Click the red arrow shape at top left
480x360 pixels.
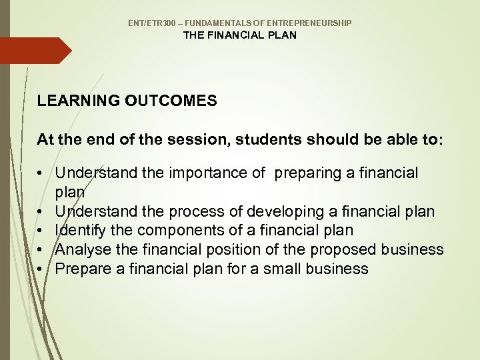(x=33, y=51)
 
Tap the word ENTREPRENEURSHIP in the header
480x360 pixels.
(x=313, y=23)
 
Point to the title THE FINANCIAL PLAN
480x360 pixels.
(x=240, y=35)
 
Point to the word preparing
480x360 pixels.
(x=308, y=173)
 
